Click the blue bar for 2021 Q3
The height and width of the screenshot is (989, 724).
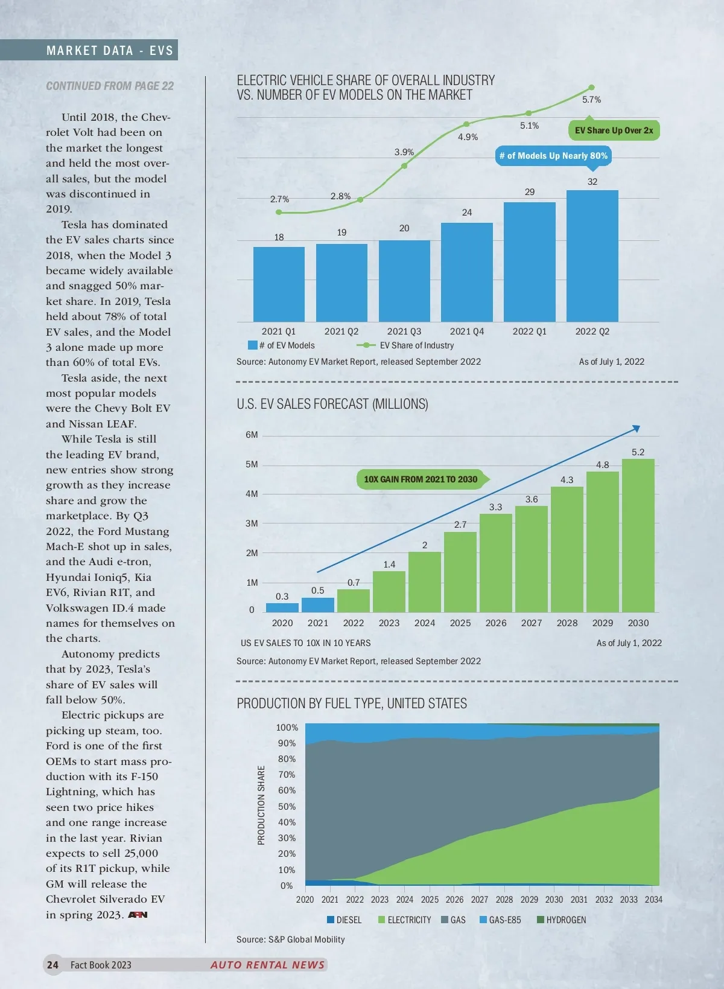[404, 281]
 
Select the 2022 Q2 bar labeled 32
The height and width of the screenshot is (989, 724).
[592, 256]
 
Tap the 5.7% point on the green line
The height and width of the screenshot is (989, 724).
[591, 88]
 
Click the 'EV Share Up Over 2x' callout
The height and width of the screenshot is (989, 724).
[614, 130]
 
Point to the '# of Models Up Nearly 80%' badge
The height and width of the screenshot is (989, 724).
[553, 156]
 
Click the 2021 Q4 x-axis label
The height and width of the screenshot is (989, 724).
[466, 331]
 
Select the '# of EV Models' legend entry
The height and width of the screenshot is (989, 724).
[282, 345]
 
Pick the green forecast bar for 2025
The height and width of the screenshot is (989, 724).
[460, 572]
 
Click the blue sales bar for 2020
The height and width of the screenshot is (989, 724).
[282, 607]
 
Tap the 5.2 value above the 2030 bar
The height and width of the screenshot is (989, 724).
[638, 452]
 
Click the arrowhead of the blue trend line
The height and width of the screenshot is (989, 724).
[636, 429]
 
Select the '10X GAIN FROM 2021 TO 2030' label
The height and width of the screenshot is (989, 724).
[421, 479]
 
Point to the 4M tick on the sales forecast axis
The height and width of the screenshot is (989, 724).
[252, 494]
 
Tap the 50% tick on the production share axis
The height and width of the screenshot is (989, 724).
[286, 807]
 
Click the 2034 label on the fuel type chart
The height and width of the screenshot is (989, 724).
[653, 900]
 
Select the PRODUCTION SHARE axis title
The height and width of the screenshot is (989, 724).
[261, 805]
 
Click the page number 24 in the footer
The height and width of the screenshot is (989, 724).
[53, 965]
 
